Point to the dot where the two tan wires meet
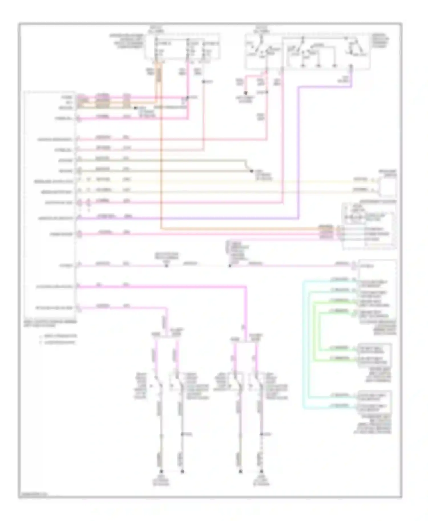251,171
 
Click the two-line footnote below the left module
58,339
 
